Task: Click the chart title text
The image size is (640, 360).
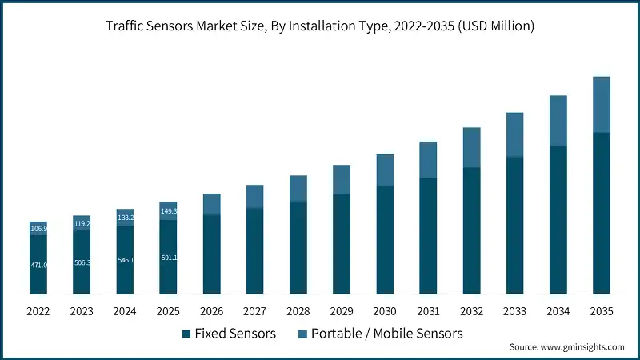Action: [x=320, y=26]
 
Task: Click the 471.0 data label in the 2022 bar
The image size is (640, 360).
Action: [x=38, y=265]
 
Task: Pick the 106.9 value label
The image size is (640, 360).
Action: [x=38, y=229]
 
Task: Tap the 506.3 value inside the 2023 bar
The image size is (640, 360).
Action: [x=82, y=262]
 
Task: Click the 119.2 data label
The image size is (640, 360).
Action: [x=82, y=224]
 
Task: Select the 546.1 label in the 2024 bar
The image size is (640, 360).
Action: [x=125, y=260]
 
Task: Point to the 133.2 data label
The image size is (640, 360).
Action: [x=125, y=218]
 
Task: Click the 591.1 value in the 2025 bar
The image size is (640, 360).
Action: [x=168, y=258]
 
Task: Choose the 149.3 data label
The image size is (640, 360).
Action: [x=168, y=211]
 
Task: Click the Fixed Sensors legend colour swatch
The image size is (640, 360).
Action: [x=186, y=332]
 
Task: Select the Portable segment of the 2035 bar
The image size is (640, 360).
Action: [x=601, y=105]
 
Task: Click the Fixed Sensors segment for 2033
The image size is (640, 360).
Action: [x=514, y=225]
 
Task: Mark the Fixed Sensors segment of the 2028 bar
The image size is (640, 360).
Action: [x=298, y=247]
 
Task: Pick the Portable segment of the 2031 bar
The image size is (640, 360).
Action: [x=428, y=160]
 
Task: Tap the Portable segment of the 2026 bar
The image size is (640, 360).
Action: [x=211, y=204]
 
